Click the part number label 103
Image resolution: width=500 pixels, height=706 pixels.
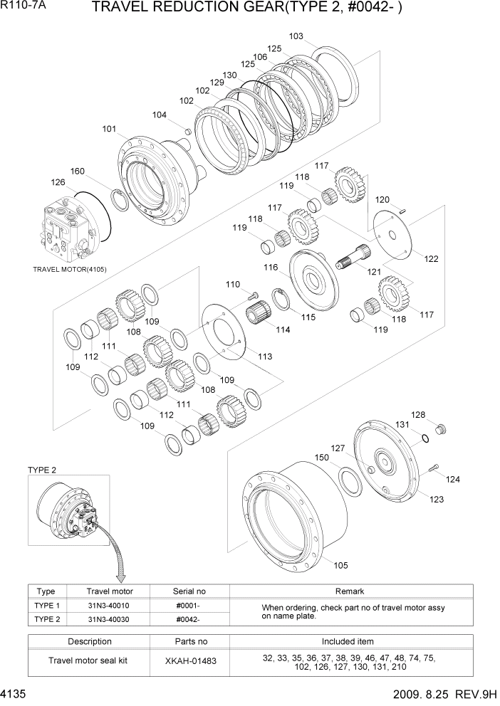point(296,36)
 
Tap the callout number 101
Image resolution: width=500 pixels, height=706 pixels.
point(109,130)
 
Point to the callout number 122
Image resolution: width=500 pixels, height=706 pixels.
point(431,259)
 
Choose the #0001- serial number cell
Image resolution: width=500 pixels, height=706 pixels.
point(187,605)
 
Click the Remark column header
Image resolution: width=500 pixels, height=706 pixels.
point(349,591)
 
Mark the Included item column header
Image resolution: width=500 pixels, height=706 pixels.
point(348,641)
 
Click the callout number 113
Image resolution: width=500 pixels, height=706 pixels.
point(265,357)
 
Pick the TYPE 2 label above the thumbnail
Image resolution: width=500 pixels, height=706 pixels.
point(42,470)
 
